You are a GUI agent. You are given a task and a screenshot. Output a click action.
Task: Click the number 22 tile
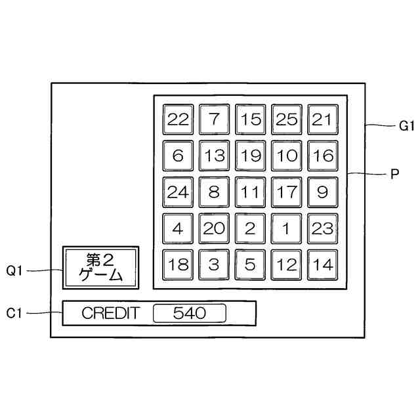coord(178,120)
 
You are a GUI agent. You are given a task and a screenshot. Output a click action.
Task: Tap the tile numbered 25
coord(286,120)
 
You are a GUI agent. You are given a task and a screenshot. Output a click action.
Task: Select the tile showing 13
coord(214,156)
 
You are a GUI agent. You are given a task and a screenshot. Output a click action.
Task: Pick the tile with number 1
coord(286,229)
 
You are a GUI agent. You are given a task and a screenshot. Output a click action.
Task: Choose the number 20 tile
coord(214,229)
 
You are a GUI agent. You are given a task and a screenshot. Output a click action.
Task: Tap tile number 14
coord(322,265)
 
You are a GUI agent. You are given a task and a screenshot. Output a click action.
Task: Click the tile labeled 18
coord(178,265)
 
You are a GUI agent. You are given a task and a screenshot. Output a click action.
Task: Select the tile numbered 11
coord(250,193)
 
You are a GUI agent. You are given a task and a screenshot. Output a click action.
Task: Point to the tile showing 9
coord(322,193)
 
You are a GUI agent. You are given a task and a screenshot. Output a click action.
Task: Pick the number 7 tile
coord(214,120)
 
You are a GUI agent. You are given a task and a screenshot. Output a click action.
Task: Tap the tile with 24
coord(178,193)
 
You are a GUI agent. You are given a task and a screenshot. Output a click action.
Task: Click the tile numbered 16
coord(322,156)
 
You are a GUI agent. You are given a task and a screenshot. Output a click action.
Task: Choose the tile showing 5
coord(250,265)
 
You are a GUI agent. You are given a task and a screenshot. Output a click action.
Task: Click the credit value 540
coord(189,314)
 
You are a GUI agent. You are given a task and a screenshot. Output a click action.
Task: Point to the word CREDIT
coord(110,314)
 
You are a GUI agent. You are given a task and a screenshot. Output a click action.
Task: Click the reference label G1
coord(407,124)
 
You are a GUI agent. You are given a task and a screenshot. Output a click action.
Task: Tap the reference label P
coord(394,175)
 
